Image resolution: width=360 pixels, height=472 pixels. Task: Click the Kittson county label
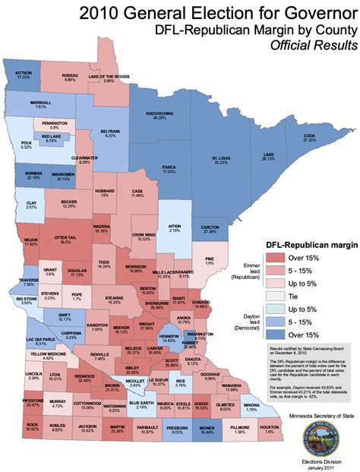[24, 73]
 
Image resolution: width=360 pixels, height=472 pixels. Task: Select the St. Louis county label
[220, 160]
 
